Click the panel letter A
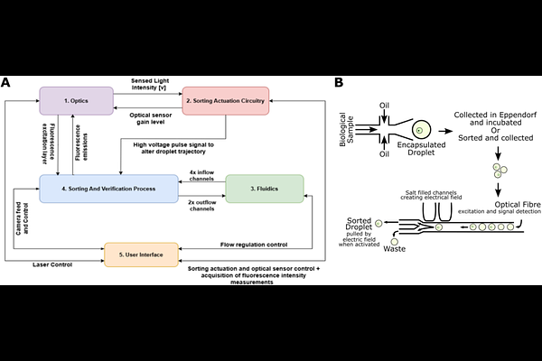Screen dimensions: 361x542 tap(6, 82)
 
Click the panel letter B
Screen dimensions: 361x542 tap(339, 82)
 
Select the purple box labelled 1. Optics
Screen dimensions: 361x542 tap(76, 100)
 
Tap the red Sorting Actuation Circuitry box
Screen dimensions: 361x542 tap(226, 100)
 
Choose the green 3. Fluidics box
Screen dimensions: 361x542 tap(265, 188)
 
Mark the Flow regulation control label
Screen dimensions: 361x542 tap(260, 245)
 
